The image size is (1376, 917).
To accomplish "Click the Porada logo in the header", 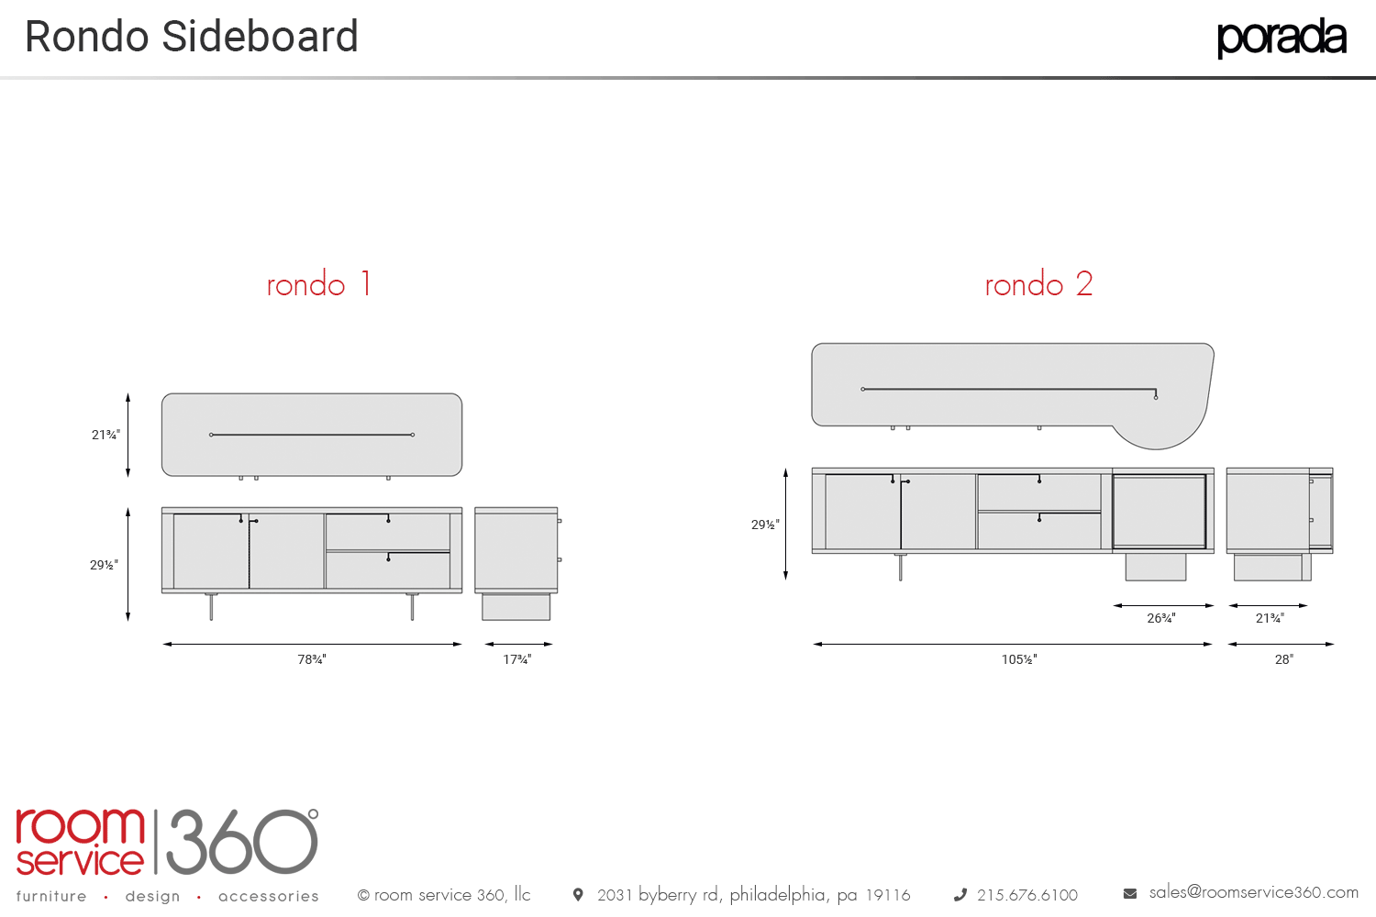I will click(x=1281, y=38).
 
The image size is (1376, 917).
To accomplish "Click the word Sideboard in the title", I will click(x=260, y=38).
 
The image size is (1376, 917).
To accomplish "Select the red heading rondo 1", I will click(x=318, y=284).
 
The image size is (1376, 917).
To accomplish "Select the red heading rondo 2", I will click(x=1038, y=284).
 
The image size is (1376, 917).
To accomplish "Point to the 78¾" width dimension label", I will click(x=312, y=659).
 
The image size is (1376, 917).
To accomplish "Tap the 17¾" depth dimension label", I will click(x=517, y=659).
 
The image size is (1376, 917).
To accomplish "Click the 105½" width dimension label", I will click(x=1019, y=659).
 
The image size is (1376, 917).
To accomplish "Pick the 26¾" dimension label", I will click(x=1161, y=618).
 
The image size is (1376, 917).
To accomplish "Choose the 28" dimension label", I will click(x=1284, y=659).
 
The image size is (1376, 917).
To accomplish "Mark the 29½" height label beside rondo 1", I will click(x=104, y=565).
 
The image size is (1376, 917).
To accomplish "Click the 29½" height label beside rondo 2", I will click(x=765, y=525).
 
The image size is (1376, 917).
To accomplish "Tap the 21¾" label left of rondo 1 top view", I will click(x=105, y=435).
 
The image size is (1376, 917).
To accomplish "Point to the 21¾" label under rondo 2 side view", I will click(x=1270, y=618).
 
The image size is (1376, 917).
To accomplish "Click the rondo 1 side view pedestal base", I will click(x=516, y=606).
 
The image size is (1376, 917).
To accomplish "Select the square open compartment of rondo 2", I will click(x=1160, y=512).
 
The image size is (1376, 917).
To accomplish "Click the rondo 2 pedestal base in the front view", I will click(x=1156, y=567).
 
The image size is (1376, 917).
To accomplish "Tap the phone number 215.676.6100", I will click(x=1027, y=895).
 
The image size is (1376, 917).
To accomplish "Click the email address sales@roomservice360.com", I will click(x=1253, y=892).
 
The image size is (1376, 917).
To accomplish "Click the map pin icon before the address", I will click(x=578, y=894).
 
